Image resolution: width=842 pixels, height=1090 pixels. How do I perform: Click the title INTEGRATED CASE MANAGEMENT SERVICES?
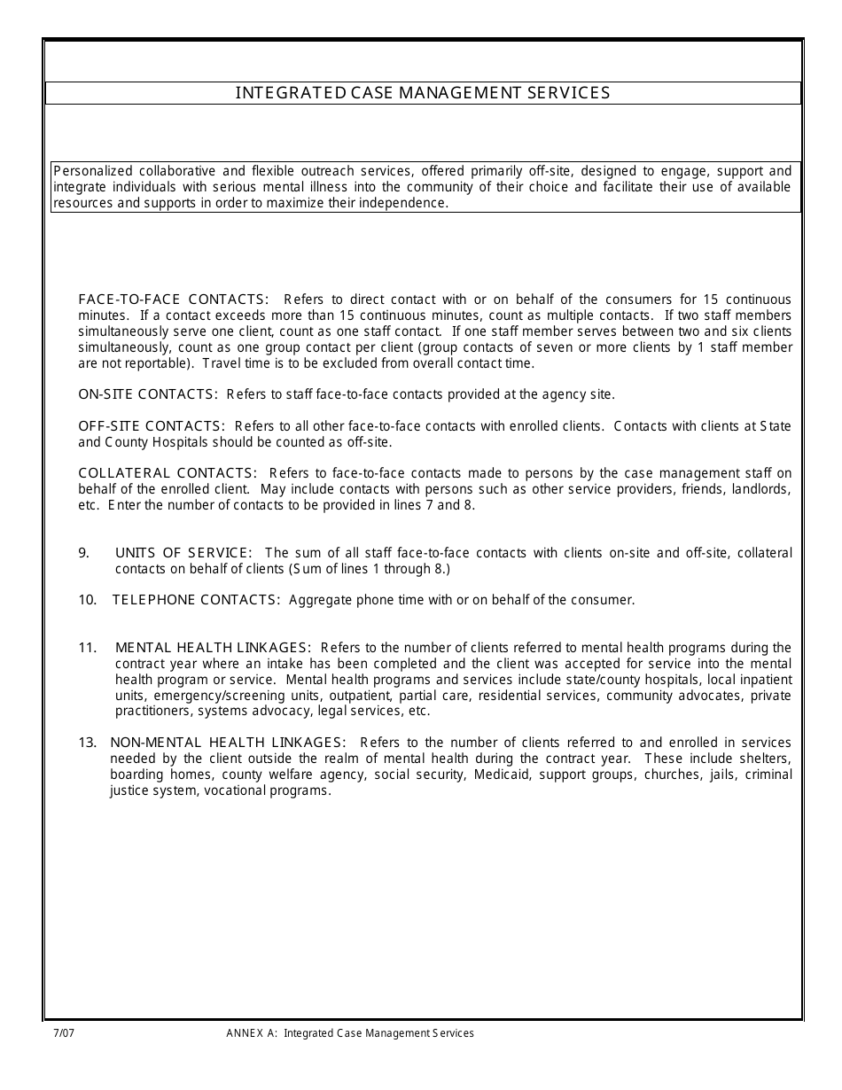point(423,93)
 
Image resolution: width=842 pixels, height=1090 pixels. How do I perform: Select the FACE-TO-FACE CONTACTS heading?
point(174,300)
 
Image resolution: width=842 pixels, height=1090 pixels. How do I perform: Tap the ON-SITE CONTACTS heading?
point(147,394)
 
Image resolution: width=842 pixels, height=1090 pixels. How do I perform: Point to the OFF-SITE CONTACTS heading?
point(152,426)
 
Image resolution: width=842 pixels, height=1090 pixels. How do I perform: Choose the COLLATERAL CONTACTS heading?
point(168,473)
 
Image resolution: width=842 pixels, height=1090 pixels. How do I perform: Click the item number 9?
point(84,553)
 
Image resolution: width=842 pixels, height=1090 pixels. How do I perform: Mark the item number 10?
point(87,600)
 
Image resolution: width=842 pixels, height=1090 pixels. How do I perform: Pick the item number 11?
point(87,648)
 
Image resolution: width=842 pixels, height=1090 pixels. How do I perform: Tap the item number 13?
point(87,743)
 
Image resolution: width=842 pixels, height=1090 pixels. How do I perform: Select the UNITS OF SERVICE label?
point(183,553)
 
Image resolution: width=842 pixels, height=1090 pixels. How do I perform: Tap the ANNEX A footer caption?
point(350,1033)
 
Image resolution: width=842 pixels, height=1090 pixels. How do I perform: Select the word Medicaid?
point(500,775)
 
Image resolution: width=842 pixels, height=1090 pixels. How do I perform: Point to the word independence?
point(408,203)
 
